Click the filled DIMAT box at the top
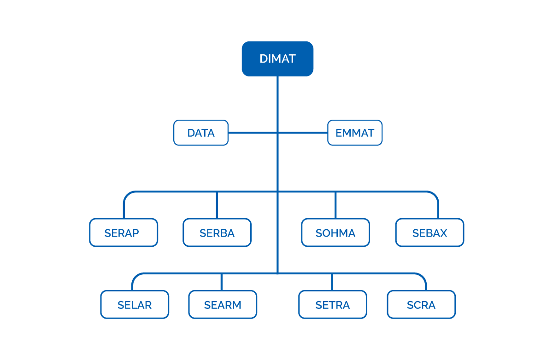tap(277, 58)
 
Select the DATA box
tap(201, 133)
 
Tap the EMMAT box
tap(355, 133)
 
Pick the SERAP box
tap(124, 232)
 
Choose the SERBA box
tap(217, 232)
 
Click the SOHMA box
tap(335, 232)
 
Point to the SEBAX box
tap(429, 232)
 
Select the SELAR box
tap(135, 304)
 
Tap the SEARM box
tap(223, 304)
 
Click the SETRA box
tap(333, 304)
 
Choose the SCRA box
tap(421, 304)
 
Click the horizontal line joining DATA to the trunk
tap(253, 133)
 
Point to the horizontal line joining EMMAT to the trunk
tap(303, 133)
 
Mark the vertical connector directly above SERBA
tap(217, 205)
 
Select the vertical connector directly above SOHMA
tap(335, 205)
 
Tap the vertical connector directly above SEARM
tap(222, 282)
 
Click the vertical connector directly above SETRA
tap(332, 282)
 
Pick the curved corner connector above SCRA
tap(423, 277)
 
